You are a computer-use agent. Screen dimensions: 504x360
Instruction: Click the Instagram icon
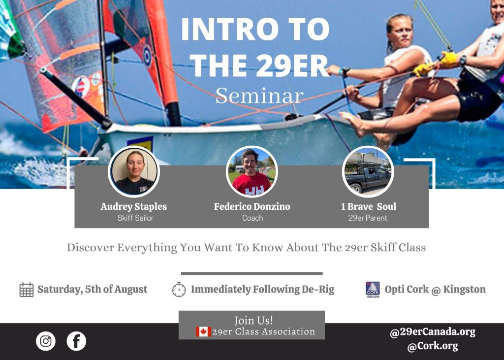click(x=46, y=341)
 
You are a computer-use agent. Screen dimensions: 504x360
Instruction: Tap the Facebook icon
click(x=76, y=341)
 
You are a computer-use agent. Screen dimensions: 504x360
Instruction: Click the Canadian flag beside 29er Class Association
click(x=203, y=332)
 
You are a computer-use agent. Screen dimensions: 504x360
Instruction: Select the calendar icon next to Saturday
click(x=27, y=290)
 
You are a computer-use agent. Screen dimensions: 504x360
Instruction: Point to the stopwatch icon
click(x=179, y=290)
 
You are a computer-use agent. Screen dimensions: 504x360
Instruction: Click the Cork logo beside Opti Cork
click(x=373, y=290)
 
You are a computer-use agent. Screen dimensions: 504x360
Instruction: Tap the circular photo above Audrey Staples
click(x=134, y=171)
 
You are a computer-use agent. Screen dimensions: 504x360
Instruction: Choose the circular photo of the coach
click(x=252, y=171)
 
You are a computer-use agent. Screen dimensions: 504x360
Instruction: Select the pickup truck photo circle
click(x=368, y=171)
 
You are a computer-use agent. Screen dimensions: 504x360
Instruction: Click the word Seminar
click(x=259, y=96)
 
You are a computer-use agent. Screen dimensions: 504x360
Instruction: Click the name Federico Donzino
click(x=252, y=206)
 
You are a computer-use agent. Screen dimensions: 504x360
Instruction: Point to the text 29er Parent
click(x=368, y=218)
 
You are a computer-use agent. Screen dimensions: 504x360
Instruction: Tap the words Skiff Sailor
click(x=135, y=218)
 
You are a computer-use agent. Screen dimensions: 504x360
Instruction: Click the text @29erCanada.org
click(x=433, y=332)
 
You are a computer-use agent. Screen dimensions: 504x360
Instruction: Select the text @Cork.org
click(x=433, y=346)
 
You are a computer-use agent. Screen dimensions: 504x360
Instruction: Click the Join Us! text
click(x=253, y=321)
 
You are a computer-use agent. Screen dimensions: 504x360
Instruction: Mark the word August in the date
click(x=131, y=290)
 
